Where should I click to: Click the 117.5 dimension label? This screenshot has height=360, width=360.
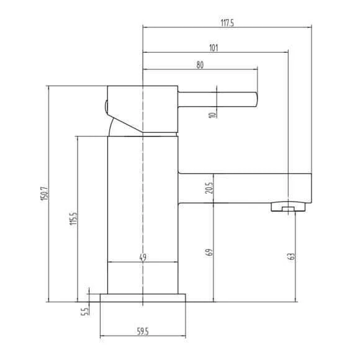pos(227,23)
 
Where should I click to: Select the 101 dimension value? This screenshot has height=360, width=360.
pos(214,48)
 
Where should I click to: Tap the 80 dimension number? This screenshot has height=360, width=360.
pos(200,65)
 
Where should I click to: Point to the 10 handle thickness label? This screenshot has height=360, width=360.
pos(213,114)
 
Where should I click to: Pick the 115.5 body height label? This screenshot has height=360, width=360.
pos(74,218)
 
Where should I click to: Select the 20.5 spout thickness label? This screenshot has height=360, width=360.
pos(209,188)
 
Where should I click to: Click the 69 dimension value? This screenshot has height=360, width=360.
pos(210,253)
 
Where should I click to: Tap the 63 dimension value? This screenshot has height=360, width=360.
pos(291,256)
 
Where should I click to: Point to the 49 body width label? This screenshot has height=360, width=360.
pos(143,258)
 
